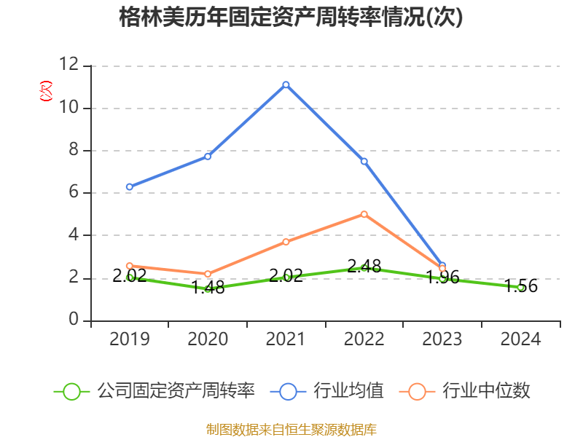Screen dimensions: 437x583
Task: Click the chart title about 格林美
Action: tap(291, 17)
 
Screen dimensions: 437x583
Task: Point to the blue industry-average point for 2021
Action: tap(286, 84)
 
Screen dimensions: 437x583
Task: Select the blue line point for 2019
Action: tap(130, 187)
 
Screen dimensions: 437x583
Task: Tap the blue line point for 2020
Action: tap(208, 156)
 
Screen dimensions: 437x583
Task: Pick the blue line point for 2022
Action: tap(364, 161)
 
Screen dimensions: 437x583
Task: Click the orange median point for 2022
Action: tap(364, 214)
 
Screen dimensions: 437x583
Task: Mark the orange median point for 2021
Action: tap(286, 242)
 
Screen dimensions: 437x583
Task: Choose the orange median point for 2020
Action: tap(208, 274)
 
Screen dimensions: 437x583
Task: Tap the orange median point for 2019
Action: tap(130, 266)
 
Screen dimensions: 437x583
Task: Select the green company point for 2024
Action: tap(520, 287)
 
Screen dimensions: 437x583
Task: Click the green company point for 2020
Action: tap(208, 289)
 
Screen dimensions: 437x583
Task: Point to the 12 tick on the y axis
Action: tap(69, 65)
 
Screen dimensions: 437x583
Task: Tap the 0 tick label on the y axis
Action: tap(74, 320)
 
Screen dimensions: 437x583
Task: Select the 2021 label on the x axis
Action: tap(286, 339)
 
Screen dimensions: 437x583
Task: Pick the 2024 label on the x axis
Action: tap(520, 339)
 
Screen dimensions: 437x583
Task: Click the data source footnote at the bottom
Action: tap(291, 429)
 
